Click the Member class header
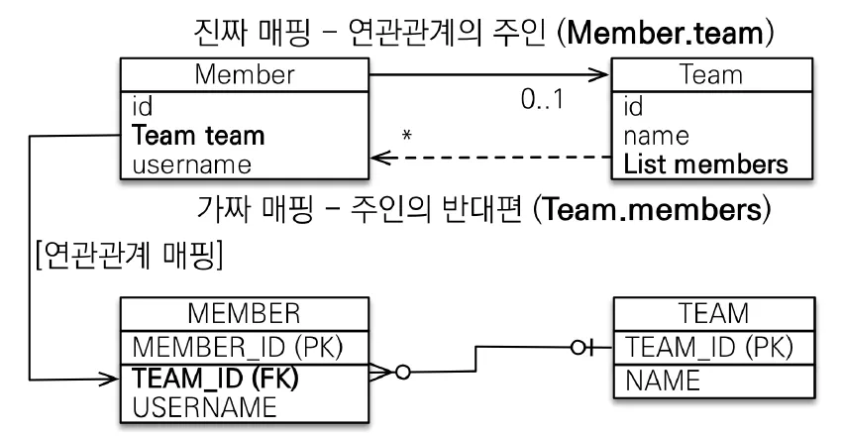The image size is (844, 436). pyautogui.click(x=245, y=74)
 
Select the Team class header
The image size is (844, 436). pyautogui.click(x=711, y=74)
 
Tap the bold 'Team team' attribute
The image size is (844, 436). pyautogui.click(x=198, y=135)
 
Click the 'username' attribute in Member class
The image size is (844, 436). pyautogui.click(x=191, y=164)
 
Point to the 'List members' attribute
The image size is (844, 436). pyautogui.click(x=705, y=164)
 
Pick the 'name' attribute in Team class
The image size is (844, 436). pyautogui.click(x=656, y=136)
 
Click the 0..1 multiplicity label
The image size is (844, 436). pyautogui.click(x=542, y=99)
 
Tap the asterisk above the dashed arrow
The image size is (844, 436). pyautogui.click(x=407, y=135)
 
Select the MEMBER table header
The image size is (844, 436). pyautogui.click(x=244, y=313)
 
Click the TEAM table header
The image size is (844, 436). pyautogui.click(x=714, y=313)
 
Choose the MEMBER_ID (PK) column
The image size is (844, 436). pyautogui.click(x=238, y=347)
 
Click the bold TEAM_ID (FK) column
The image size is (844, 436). pyautogui.click(x=215, y=378)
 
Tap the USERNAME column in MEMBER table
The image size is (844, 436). pyautogui.click(x=204, y=407)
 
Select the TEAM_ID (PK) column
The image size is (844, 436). pyautogui.click(x=709, y=347)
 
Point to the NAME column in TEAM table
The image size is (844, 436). pyautogui.click(x=663, y=381)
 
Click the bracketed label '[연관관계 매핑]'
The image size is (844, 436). pyautogui.click(x=129, y=255)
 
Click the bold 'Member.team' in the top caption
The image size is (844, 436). pyautogui.click(x=666, y=34)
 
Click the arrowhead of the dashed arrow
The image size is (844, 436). pyautogui.click(x=380, y=158)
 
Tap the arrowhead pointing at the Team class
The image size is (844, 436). pyautogui.click(x=599, y=75)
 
